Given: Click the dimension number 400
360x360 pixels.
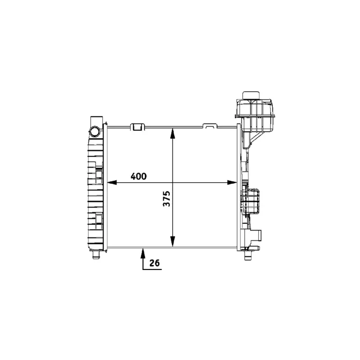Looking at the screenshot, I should click(x=139, y=176).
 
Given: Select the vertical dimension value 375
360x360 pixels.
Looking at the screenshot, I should click(x=166, y=199).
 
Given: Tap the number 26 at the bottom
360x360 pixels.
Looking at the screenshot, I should click(x=155, y=263).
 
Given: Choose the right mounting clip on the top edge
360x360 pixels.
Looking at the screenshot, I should click(x=209, y=126).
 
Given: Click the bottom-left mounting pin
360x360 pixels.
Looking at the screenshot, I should click(x=95, y=255).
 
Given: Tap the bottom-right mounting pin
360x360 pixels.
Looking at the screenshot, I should click(x=247, y=255).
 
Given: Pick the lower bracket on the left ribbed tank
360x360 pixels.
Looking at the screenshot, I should click(x=98, y=220).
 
